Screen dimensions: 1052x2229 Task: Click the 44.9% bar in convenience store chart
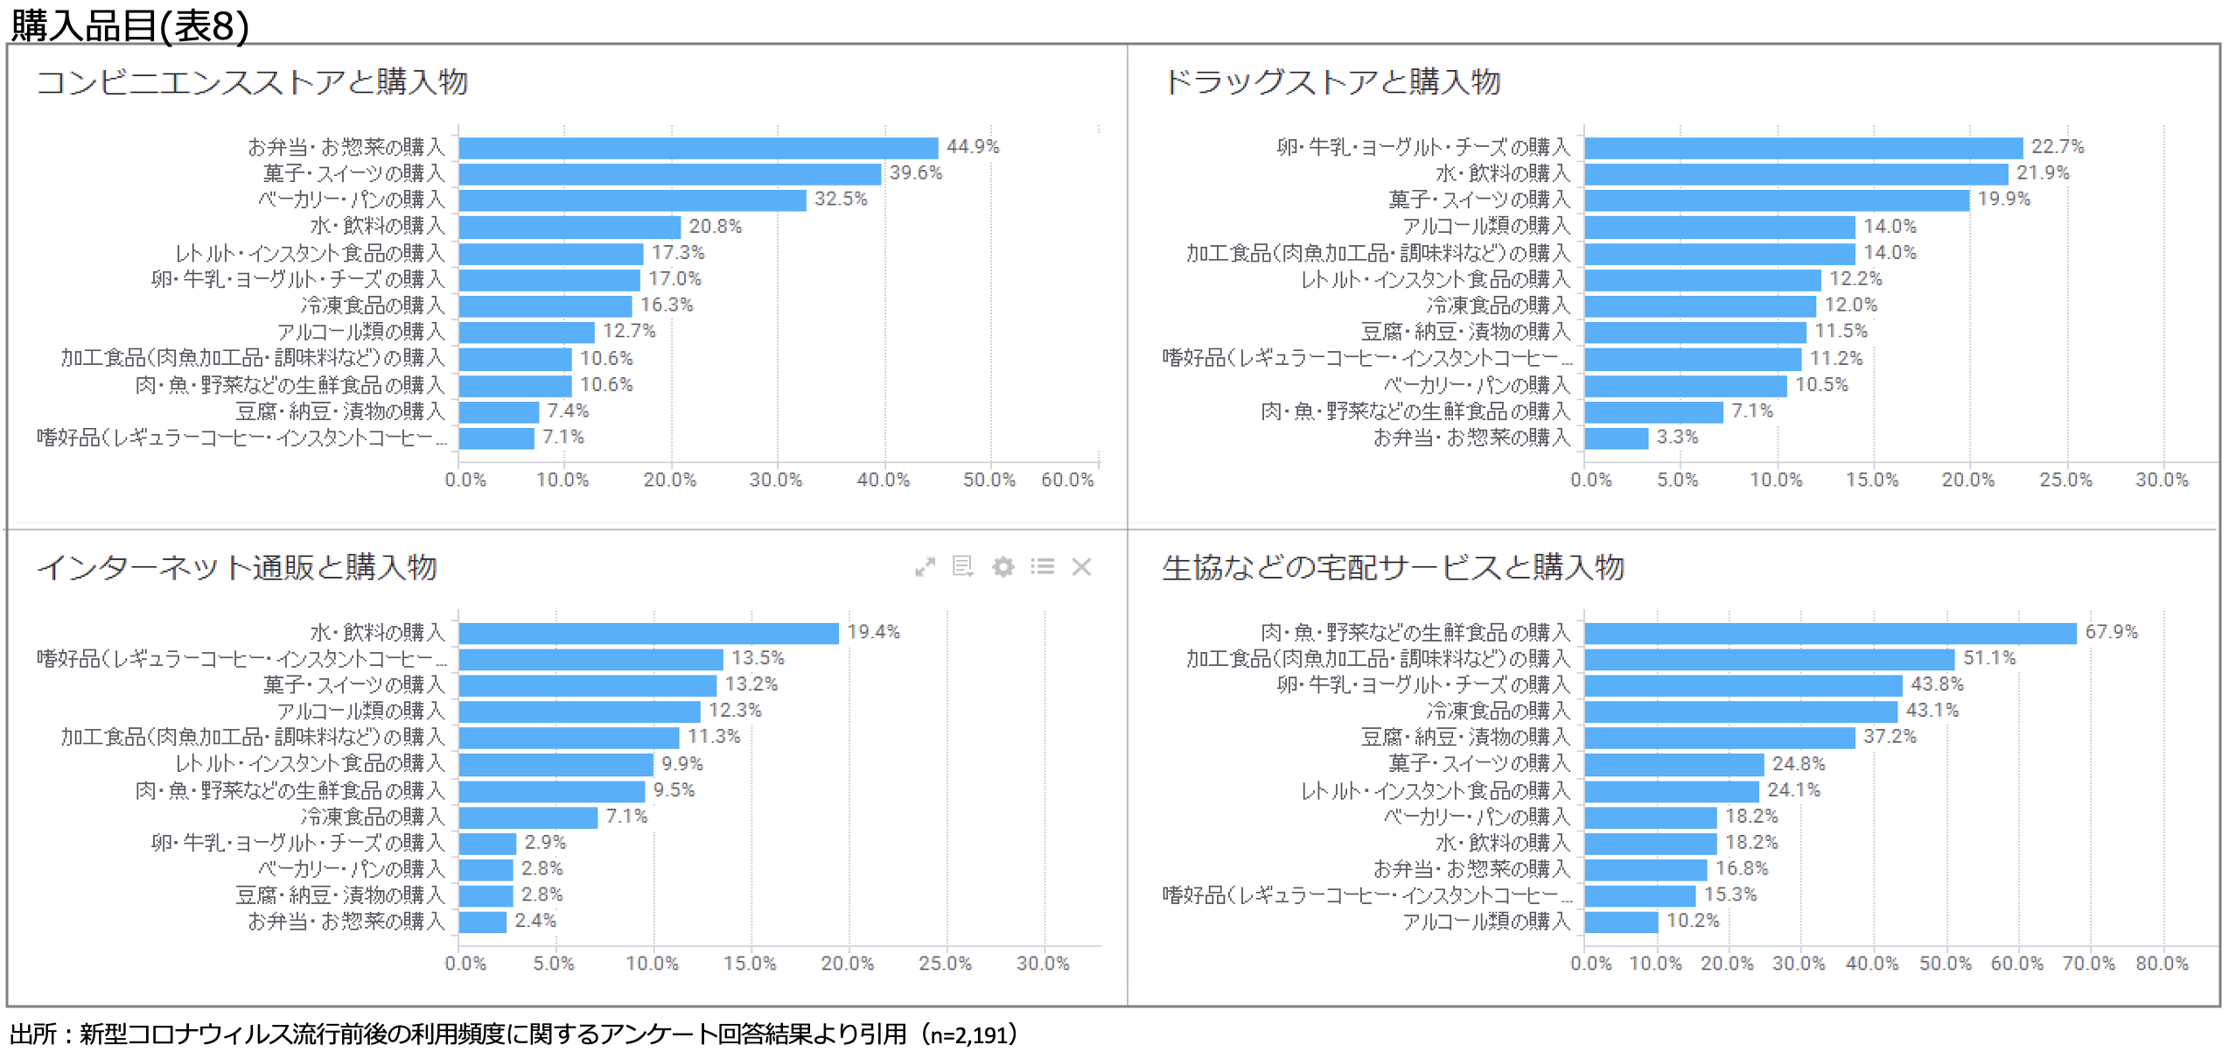pyautogui.click(x=697, y=148)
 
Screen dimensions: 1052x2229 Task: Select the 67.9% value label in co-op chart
pyautogui.click(x=2110, y=632)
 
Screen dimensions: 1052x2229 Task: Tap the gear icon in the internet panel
pyautogui.click(x=1003, y=567)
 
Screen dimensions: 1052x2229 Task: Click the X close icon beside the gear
pyautogui.click(x=1081, y=567)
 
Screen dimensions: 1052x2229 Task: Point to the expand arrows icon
pyautogui.click(x=925, y=567)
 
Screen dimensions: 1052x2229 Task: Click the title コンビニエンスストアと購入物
pyautogui.click(x=252, y=82)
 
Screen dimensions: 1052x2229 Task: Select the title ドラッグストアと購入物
pyautogui.click(x=1331, y=82)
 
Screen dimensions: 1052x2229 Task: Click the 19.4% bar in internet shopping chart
pyautogui.click(x=647, y=633)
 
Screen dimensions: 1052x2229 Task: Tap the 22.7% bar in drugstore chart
pyautogui.click(x=1802, y=148)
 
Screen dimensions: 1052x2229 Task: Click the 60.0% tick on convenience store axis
pyautogui.click(x=1066, y=480)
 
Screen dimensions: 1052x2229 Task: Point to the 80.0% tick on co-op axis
pyautogui.click(x=2161, y=964)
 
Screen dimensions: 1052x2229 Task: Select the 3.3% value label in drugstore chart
pyautogui.click(x=1676, y=437)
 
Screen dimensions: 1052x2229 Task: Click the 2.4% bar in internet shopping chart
pyautogui.click(x=482, y=922)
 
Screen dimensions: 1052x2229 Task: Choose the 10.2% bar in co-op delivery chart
pyautogui.click(x=1620, y=922)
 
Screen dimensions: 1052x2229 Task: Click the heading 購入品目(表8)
pyautogui.click(x=129, y=25)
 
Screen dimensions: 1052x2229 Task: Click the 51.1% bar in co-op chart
pyautogui.click(x=1768, y=659)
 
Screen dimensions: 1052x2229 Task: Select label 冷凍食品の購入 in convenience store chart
pyautogui.click(x=373, y=305)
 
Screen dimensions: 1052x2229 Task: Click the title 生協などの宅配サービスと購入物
pyautogui.click(x=1392, y=567)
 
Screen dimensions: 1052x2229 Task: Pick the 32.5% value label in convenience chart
pyautogui.click(x=840, y=200)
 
